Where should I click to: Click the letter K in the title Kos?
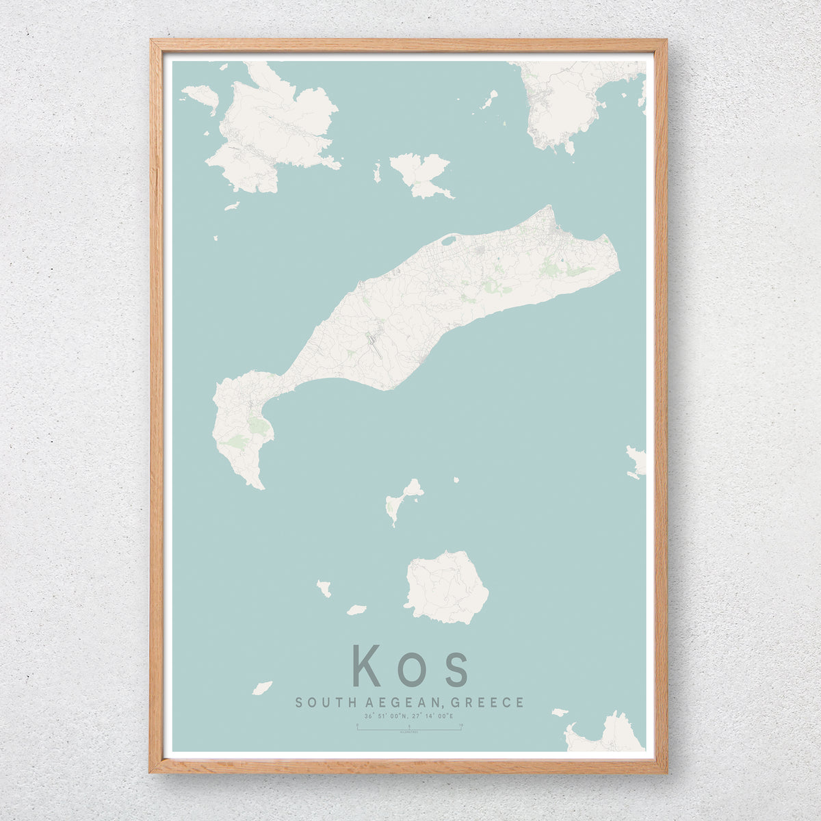[367, 665]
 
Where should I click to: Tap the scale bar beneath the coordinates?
[409, 729]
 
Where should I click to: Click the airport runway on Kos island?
[374, 342]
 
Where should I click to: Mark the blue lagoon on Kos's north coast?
[449, 240]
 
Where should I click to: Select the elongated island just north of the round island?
[402, 499]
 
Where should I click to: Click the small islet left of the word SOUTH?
[262, 688]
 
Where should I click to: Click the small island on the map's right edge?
[636, 460]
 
